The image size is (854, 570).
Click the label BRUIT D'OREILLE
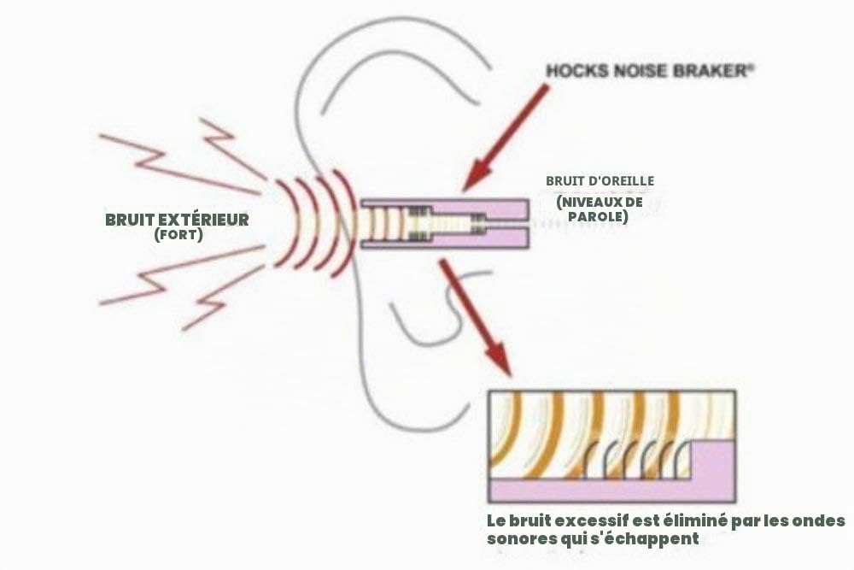[600, 180]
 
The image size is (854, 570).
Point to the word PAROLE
[598, 216]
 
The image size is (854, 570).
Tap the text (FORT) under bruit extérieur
[178, 235]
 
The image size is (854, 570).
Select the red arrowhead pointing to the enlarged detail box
[497, 359]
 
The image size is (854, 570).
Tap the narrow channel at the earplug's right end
[506, 224]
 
